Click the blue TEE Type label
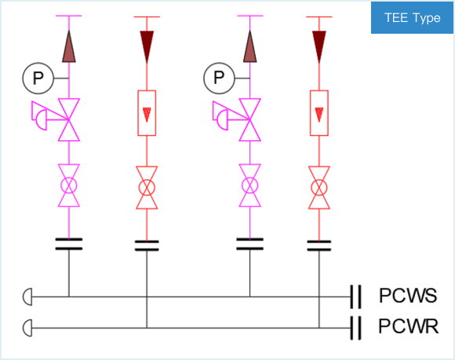click(412, 18)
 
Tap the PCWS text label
click(408, 296)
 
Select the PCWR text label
click(408, 326)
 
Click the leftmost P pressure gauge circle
click(38, 78)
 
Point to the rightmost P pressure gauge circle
click(219, 78)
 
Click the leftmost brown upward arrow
click(69, 46)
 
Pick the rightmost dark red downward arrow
click(319, 47)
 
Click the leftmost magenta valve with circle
click(69, 185)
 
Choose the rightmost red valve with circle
click(319, 187)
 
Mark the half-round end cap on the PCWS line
click(27, 296)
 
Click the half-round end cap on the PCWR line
click(27, 328)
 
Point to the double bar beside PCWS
click(355, 296)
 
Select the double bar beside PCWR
click(355, 328)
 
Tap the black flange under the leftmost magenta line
click(69, 244)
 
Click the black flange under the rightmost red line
click(319, 245)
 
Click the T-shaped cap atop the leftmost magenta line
click(69, 16)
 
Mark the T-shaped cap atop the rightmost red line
click(319, 16)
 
